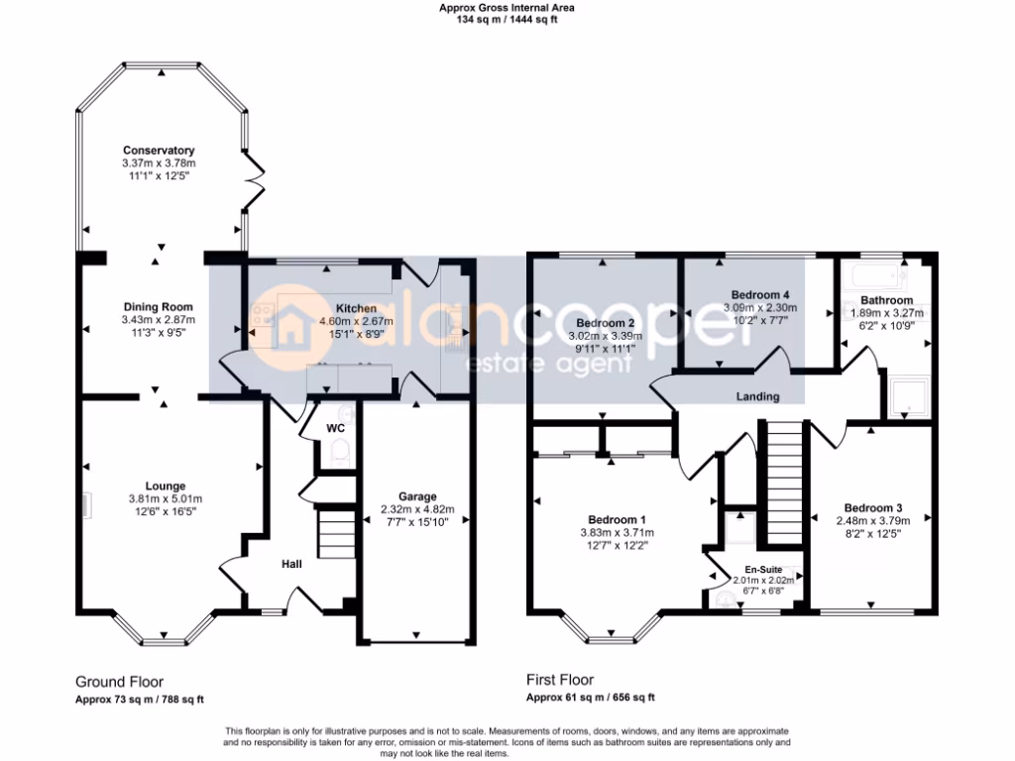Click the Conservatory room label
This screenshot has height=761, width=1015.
click(x=159, y=151)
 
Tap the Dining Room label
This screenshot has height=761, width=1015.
click(x=159, y=307)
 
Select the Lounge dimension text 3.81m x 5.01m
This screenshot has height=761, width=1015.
click(x=166, y=498)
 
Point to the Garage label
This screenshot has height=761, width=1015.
click(x=417, y=496)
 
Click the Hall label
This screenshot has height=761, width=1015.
click(x=291, y=564)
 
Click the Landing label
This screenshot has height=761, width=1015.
click(x=757, y=396)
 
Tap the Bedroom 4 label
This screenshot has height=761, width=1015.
click(x=760, y=295)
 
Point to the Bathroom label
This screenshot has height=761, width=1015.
click(x=886, y=300)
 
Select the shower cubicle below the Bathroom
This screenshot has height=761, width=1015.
click(x=907, y=396)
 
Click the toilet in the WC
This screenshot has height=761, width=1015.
click(x=341, y=454)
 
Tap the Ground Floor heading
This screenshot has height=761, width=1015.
click(x=119, y=682)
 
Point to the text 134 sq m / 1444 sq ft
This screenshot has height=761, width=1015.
click(x=507, y=20)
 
